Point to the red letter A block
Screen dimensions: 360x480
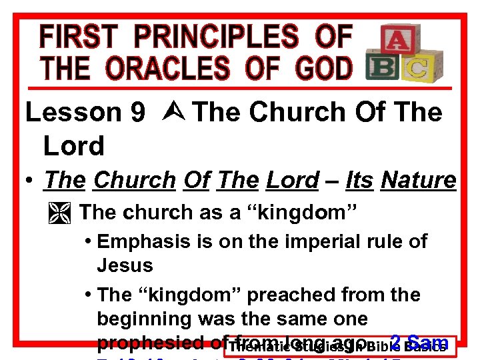coord(395,41)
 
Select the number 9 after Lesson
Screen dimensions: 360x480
coord(138,113)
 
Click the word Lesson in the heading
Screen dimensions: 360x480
coord(74,113)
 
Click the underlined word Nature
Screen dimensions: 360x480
coord(418,180)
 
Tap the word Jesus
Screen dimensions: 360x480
coord(125,265)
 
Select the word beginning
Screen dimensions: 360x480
coord(145,319)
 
